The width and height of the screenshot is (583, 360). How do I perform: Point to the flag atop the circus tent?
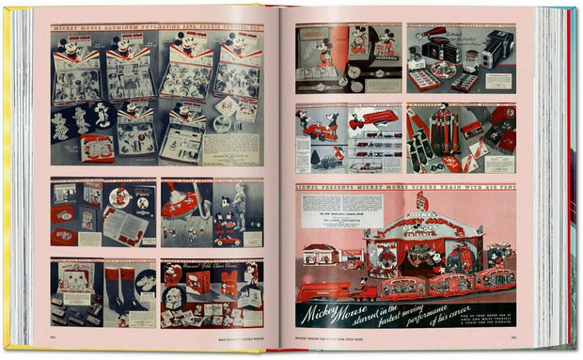(423, 200)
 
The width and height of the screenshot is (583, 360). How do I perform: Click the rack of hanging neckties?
(447, 130)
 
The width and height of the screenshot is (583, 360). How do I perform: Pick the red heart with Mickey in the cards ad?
(172, 274)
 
